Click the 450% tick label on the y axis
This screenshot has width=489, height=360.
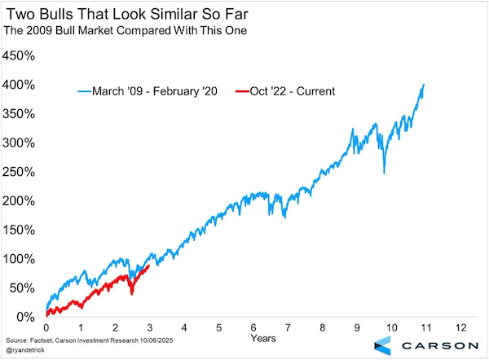point(19,56)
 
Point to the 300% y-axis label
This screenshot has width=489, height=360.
point(19,143)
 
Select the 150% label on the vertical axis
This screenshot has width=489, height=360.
point(19,230)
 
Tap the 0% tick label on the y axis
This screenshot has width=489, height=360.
point(24,317)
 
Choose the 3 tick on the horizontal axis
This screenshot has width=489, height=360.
point(150,327)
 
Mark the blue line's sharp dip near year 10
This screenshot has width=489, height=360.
point(383,172)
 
